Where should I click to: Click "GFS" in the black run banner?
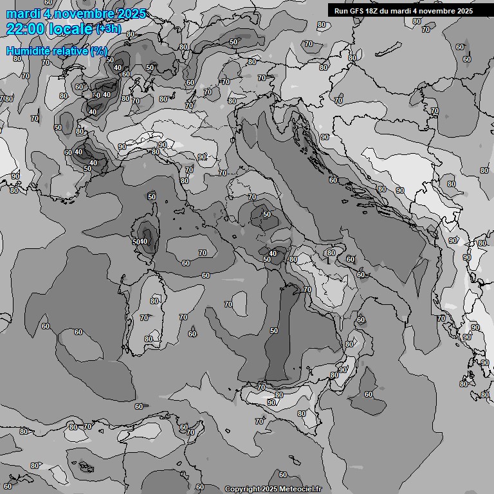pos(357,10)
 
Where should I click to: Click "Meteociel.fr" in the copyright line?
pos(300,489)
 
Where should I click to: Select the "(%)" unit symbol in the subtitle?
pos(98,51)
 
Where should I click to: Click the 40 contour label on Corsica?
pos(143,241)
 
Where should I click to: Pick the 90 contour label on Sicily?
pos(271,403)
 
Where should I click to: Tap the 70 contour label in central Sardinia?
pos(144,318)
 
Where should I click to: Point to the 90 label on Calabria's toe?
pos(343,370)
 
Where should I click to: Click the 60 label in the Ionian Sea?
pos(369,394)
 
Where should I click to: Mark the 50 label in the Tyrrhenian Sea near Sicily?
pos(274,331)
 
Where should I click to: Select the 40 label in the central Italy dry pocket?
pos(273,253)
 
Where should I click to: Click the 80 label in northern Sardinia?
pos(154,300)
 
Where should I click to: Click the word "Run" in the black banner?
pos(342,10)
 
